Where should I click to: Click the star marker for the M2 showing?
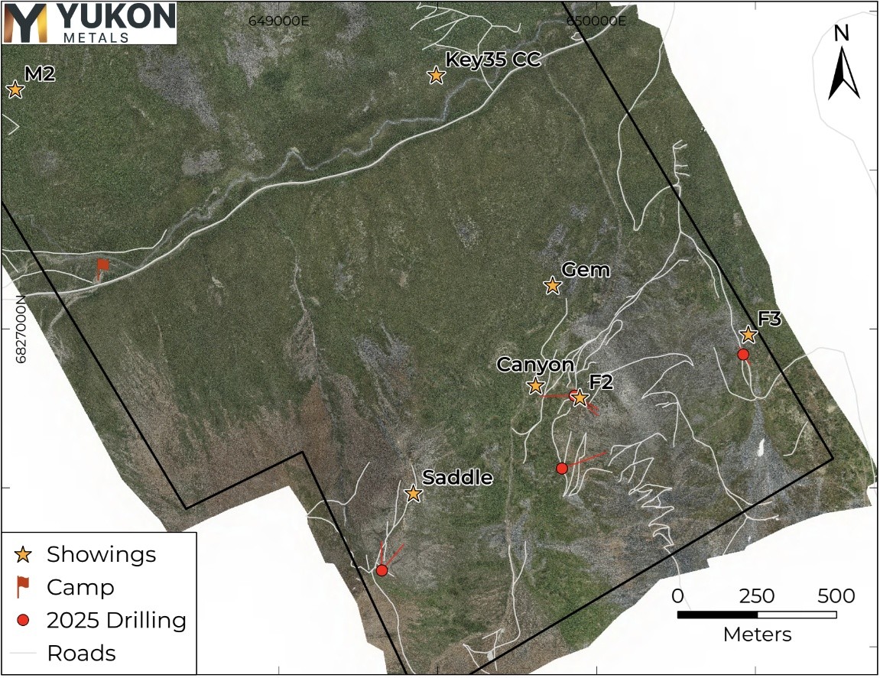15,90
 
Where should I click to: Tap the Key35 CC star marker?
436,76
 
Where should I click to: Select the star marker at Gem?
552,286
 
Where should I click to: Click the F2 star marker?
580,397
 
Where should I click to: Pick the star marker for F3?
748,335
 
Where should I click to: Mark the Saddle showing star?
413,494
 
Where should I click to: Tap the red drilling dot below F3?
743,355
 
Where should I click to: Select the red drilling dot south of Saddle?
382,570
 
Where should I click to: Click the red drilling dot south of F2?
561,468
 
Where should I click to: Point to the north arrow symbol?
843,65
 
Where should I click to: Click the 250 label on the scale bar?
755,596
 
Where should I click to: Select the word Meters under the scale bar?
757,634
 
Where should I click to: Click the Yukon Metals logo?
89,22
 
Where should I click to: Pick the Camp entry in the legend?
80,588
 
